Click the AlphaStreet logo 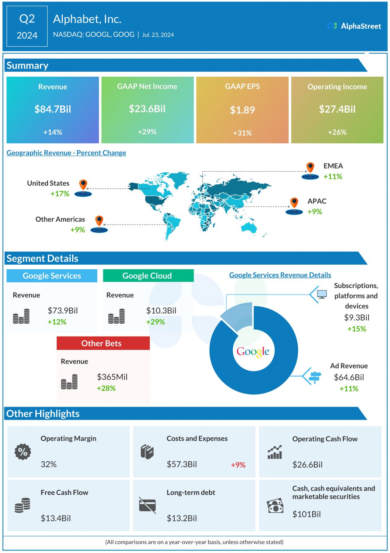coord(354,26)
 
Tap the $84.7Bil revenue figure coord(53,109)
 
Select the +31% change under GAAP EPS coord(242,133)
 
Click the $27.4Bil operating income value coord(337,109)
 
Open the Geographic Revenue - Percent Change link coord(66,153)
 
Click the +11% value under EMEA coord(333,176)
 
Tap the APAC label coord(317,201)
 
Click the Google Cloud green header coord(148,276)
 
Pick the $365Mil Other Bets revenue coord(112,377)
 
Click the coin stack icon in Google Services coord(21,316)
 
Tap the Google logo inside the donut coord(253,351)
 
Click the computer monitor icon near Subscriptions coord(322,295)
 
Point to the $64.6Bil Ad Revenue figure coord(349,377)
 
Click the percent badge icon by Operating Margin coord(23,451)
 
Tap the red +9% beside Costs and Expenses coord(238,465)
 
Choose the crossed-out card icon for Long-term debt coord(147,505)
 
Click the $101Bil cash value coord(306,514)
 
